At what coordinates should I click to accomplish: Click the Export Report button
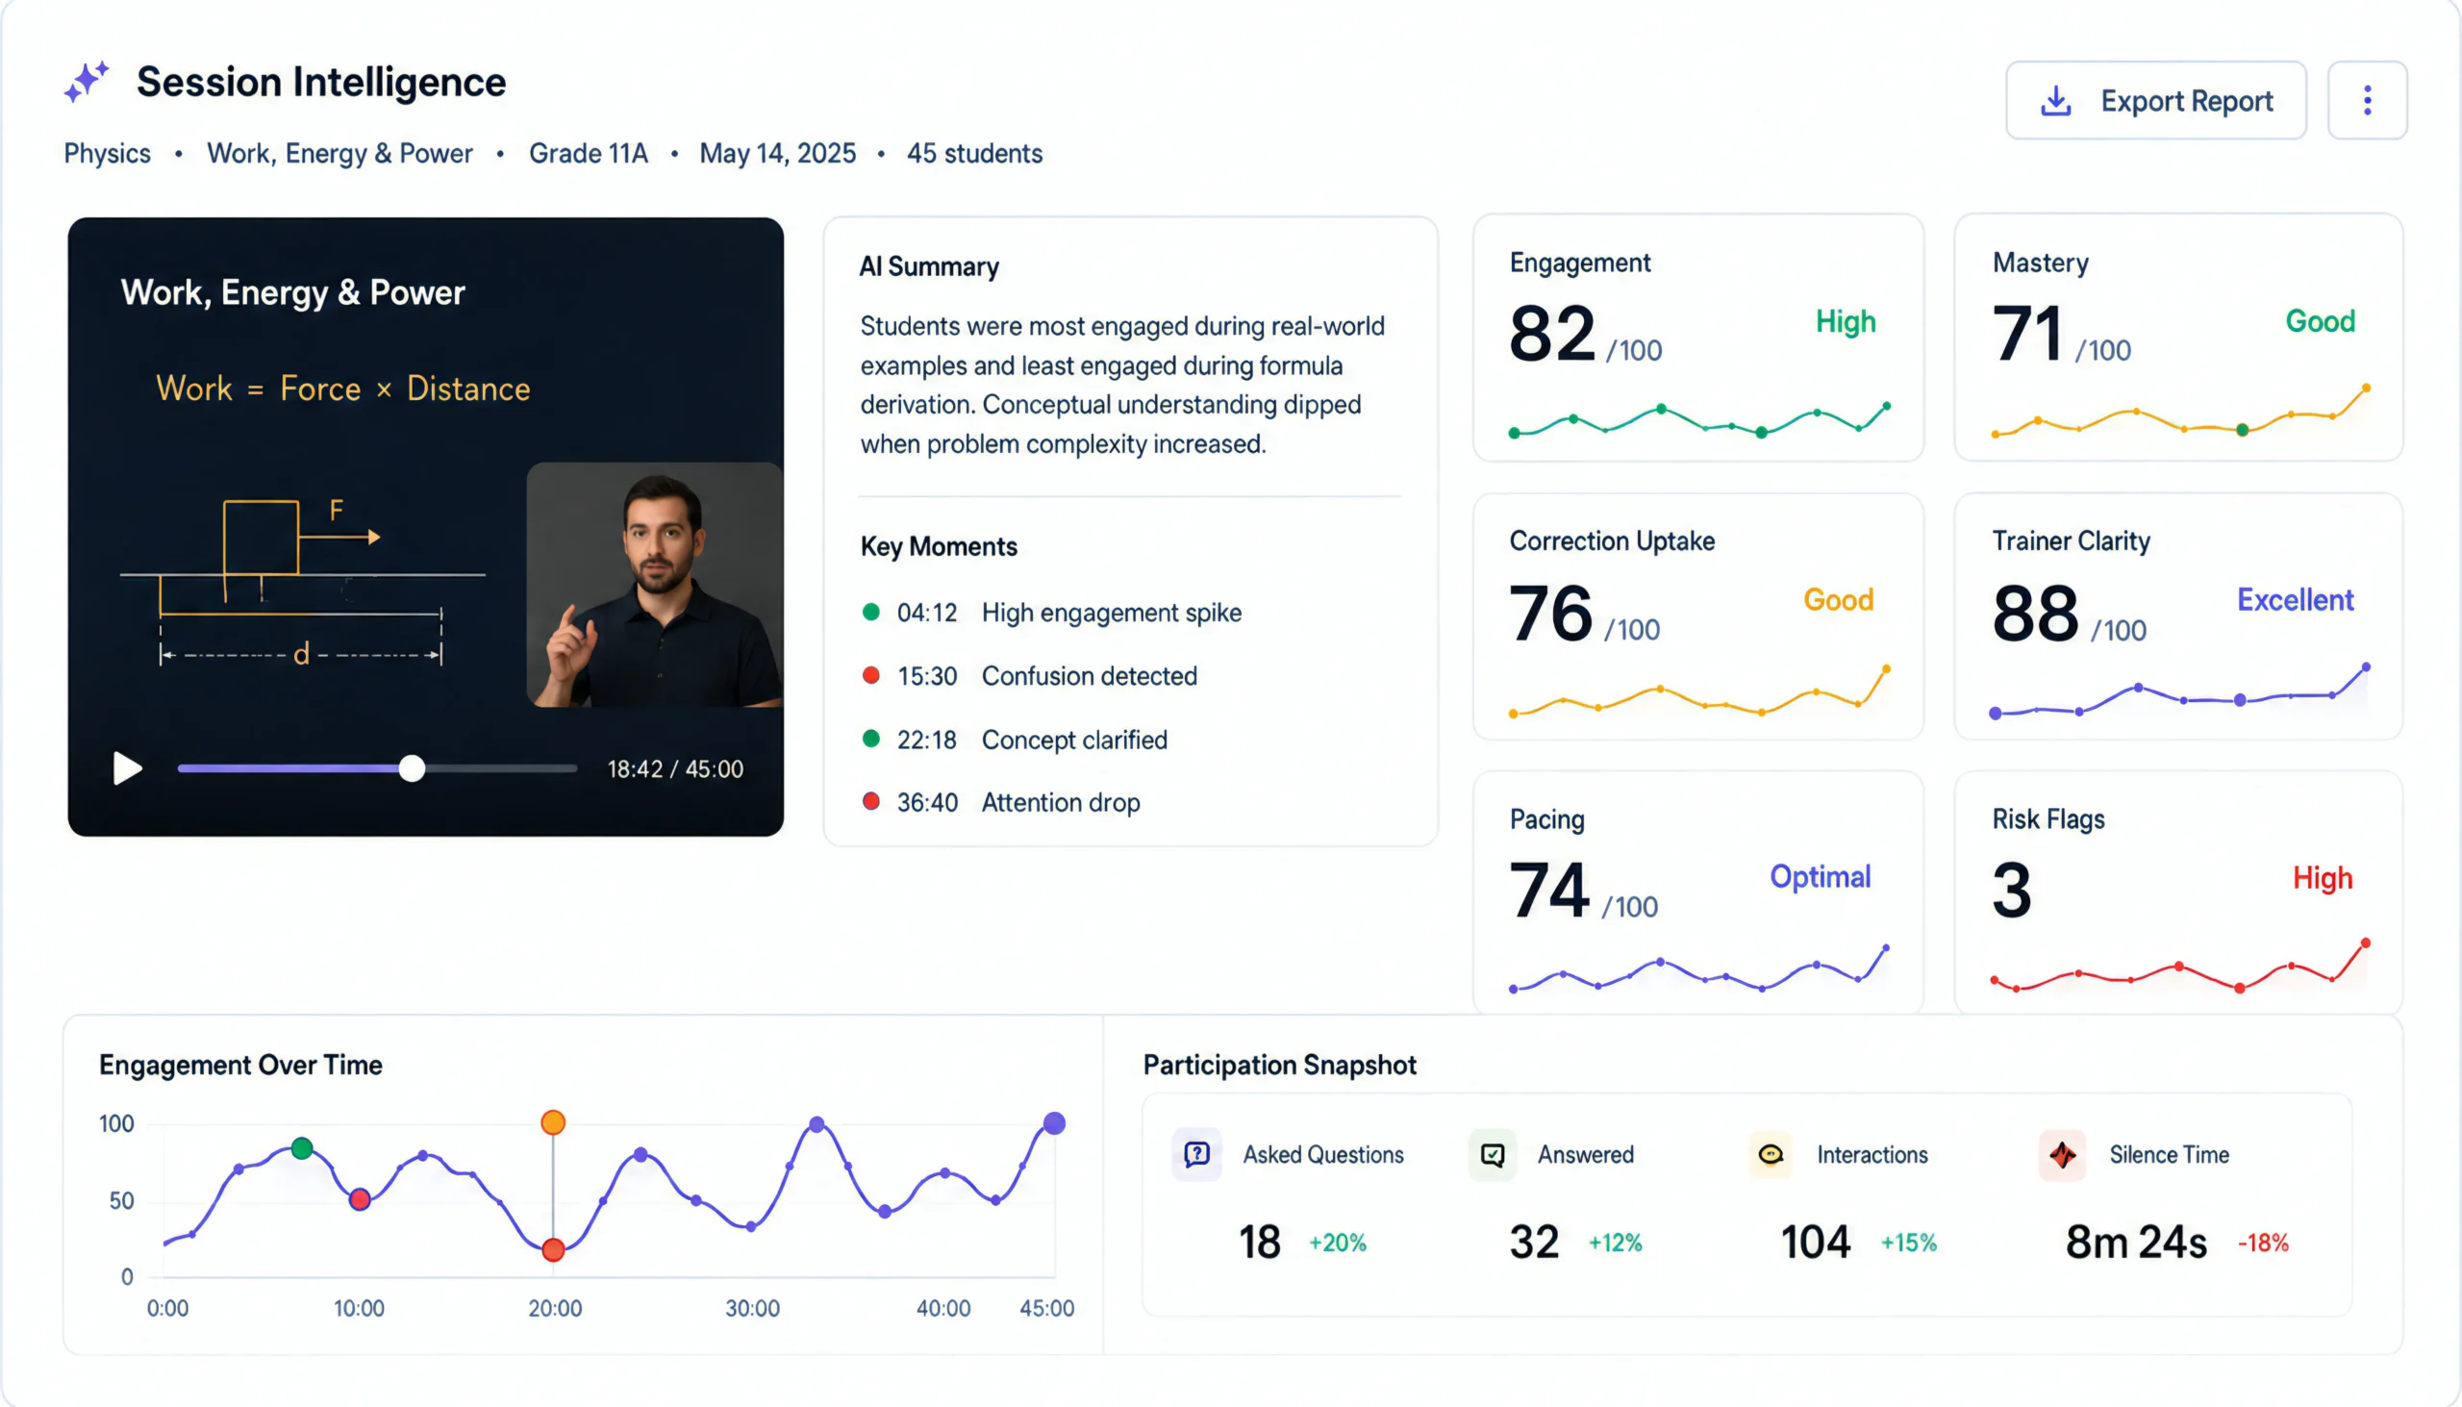pos(2156,100)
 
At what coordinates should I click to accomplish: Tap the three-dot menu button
pos(2368,100)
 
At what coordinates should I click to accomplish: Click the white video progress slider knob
pos(413,768)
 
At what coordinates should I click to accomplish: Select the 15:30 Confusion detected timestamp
pos(927,675)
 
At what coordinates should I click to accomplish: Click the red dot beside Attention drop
pos(870,801)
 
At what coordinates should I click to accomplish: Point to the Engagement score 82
pos(1552,334)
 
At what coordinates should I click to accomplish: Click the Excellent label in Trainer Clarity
pos(2295,600)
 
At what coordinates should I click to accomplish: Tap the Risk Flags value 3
pos(2012,890)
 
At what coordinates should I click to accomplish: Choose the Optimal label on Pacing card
pos(1821,876)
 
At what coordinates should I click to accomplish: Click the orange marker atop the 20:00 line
pos(553,1122)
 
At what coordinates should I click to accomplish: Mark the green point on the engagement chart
pos(302,1148)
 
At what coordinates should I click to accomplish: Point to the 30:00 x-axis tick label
pos(753,1309)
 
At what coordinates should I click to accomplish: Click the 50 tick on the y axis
pos(122,1201)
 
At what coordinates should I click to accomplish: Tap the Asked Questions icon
pos(1197,1154)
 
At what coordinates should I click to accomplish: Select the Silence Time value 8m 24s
pos(2136,1242)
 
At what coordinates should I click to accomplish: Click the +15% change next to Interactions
pos(1908,1243)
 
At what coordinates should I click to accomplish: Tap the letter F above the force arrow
pos(337,510)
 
